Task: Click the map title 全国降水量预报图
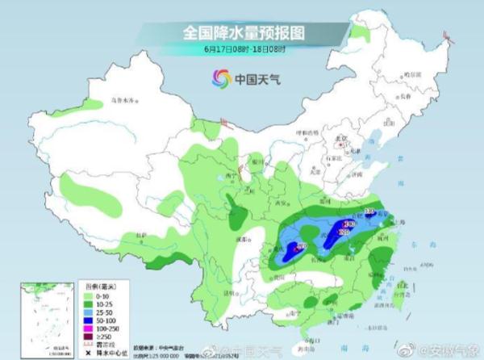242,34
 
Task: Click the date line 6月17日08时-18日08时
242,50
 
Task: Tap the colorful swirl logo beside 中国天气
220,78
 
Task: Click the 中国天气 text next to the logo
257,79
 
